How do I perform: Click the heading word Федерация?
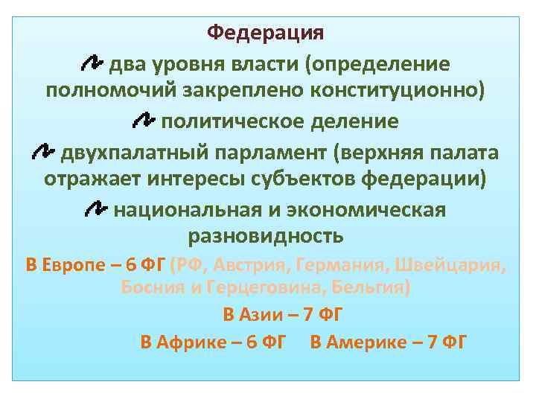(x=266, y=33)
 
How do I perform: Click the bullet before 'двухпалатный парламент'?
(x=44, y=152)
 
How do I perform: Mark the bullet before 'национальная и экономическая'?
(x=96, y=210)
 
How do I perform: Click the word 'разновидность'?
(x=266, y=237)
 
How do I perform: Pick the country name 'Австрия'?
(x=253, y=266)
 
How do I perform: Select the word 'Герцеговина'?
(x=257, y=288)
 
